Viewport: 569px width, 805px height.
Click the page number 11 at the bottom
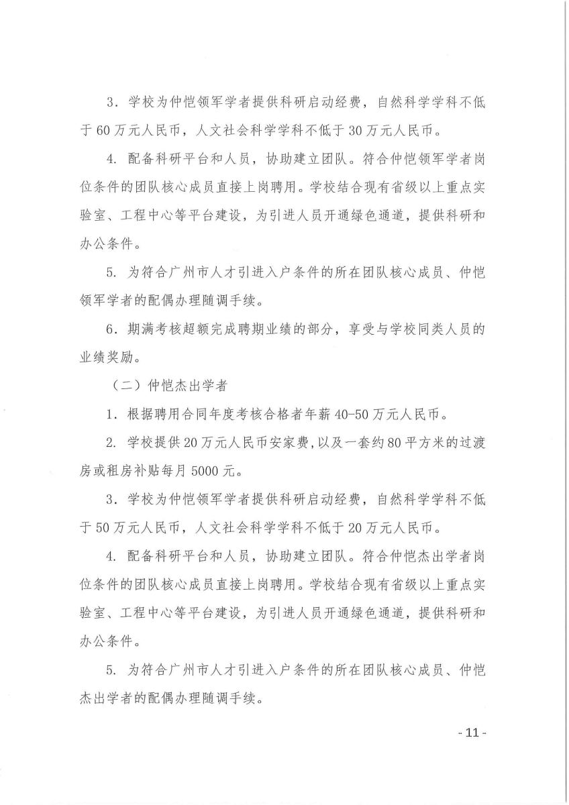click(x=471, y=733)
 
